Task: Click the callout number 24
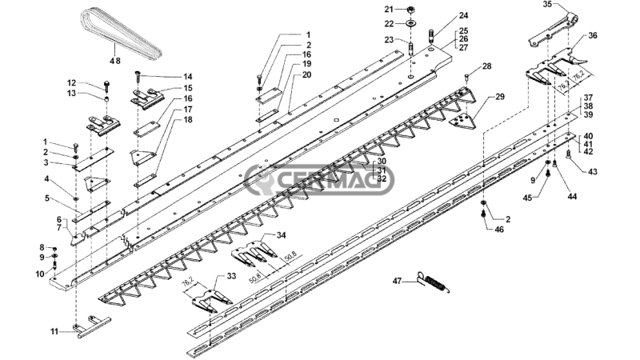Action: [x=463, y=15]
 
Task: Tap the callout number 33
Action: [x=231, y=276]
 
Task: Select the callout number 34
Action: [x=282, y=235]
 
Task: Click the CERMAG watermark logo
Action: [x=319, y=179]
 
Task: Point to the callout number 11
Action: [x=54, y=331]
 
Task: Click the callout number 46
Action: [x=499, y=230]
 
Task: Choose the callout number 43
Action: [x=592, y=172]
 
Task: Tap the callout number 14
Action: [x=187, y=77]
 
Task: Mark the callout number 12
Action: [x=72, y=83]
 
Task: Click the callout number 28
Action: [x=486, y=66]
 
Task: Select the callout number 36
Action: [x=592, y=35]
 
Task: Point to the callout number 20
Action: [x=306, y=74]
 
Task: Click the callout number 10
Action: [x=40, y=274]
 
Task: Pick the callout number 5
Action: [x=47, y=198]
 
